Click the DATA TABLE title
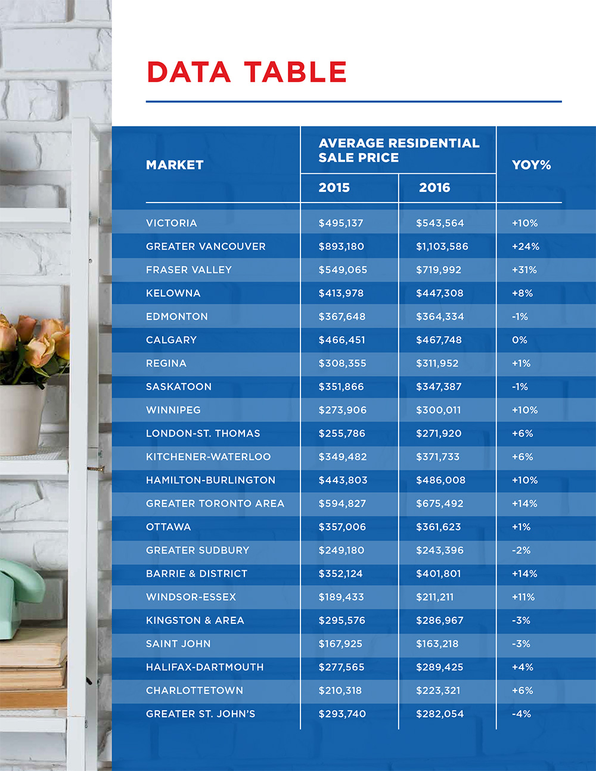pyautogui.click(x=246, y=72)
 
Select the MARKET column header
pyautogui.click(x=175, y=165)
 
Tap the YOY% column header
pyautogui.click(x=531, y=165)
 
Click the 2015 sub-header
pyautogui.click(x=334, y=188)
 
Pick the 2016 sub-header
pyautogui.click(x=434, y=188)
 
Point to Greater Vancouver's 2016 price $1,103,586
pyautogui.click(x=442, y=247)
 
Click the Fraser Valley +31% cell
pyautogui.click(x=524, y=270)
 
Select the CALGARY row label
pyautogui.click(x=171, y=340)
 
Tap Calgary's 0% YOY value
pyautogui.click(x=519, y=340)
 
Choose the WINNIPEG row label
pyautogui.click(x=173, y=410)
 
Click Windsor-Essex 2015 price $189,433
pyautogui.click(x=341, y=597)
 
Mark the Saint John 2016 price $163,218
pyautogui.click(x=437, y=644)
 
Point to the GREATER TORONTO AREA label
pyautogui.click(x=215, y=503)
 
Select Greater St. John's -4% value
pyautogui.click(x=521, y=714)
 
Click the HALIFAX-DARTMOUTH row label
pyautogui.click(x=204, y=667)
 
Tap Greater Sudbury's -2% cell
pyautogui.click(x=521, y=551)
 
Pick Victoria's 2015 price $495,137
pyautogui.click(x=340, y=223)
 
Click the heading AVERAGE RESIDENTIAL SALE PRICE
pyautogui.click(x=398, y=150)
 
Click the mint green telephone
pyautogui.click(x=18, y=590)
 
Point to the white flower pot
pyautogui.click(x=23, y=420)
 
